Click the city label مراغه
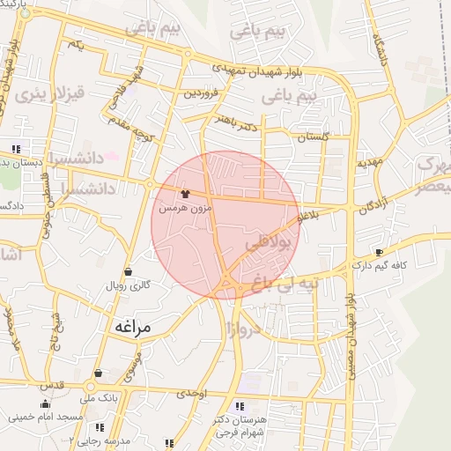coord(133,326)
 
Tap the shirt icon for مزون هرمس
coord(185,194)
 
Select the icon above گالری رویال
coord(129,271)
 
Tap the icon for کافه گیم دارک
coord(379,251)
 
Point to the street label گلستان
coord(313,137)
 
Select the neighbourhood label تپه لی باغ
coord(283,285)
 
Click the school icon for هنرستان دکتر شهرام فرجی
coord(239,406)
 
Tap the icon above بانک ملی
coord(97,373)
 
